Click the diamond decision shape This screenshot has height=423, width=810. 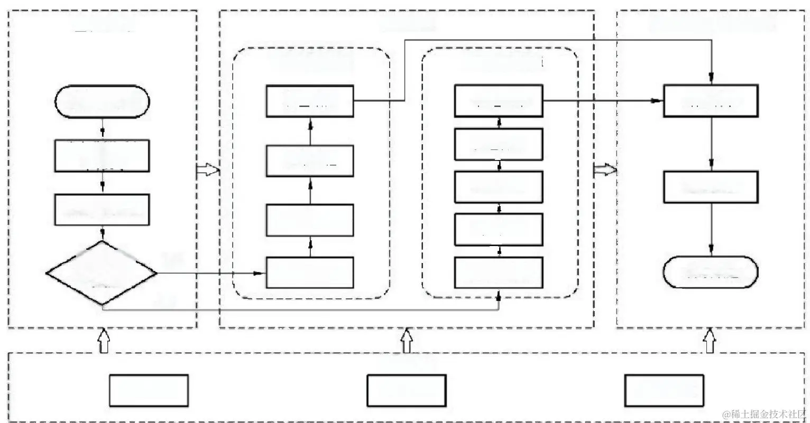tap(102, 273)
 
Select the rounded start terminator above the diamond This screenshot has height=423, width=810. tap(102, 101)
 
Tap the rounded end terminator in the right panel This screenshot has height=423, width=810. tap(710, 272)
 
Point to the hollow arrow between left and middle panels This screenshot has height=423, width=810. tap(207, 170)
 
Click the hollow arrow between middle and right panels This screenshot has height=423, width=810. tap(604, 170)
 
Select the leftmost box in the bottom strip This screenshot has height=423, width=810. tap(149, 390)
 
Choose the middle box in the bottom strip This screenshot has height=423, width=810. tap(406, 390)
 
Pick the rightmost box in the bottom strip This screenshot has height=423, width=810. tap(664, 390)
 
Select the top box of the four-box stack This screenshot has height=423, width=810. tap(310, 101)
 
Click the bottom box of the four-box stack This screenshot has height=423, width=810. tap(310, 272)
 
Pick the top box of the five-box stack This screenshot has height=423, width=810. tap(499, 101)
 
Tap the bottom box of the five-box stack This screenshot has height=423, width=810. tap(499, 272)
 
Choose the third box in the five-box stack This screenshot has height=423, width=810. tap(499, 187)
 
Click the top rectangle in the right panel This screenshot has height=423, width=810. tap(710, 101)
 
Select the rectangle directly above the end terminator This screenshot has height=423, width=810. tap(710, 187)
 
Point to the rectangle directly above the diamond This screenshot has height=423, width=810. tap(102, 210)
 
